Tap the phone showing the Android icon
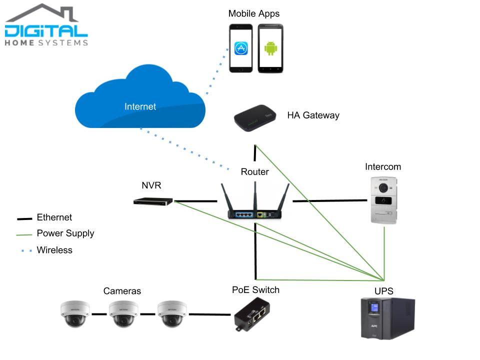pos(270,48)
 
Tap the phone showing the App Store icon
pos(241,48)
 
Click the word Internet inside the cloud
pos(140,106)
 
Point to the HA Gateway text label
pos(313,115)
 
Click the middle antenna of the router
pos(255,195)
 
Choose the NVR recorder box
pos(153,201)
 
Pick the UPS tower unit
pos(388,318)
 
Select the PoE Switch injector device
pos(252,315)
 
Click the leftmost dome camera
pos(75,313)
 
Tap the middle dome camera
pos(123,313)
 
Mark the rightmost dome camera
pos(172,313)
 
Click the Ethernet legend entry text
pos(54,217)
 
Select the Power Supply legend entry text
pos(65,233)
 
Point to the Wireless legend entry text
pos(54,250)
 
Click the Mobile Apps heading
pos(254,13)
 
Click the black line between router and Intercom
pos(330,201)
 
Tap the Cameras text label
pos(122,291)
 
